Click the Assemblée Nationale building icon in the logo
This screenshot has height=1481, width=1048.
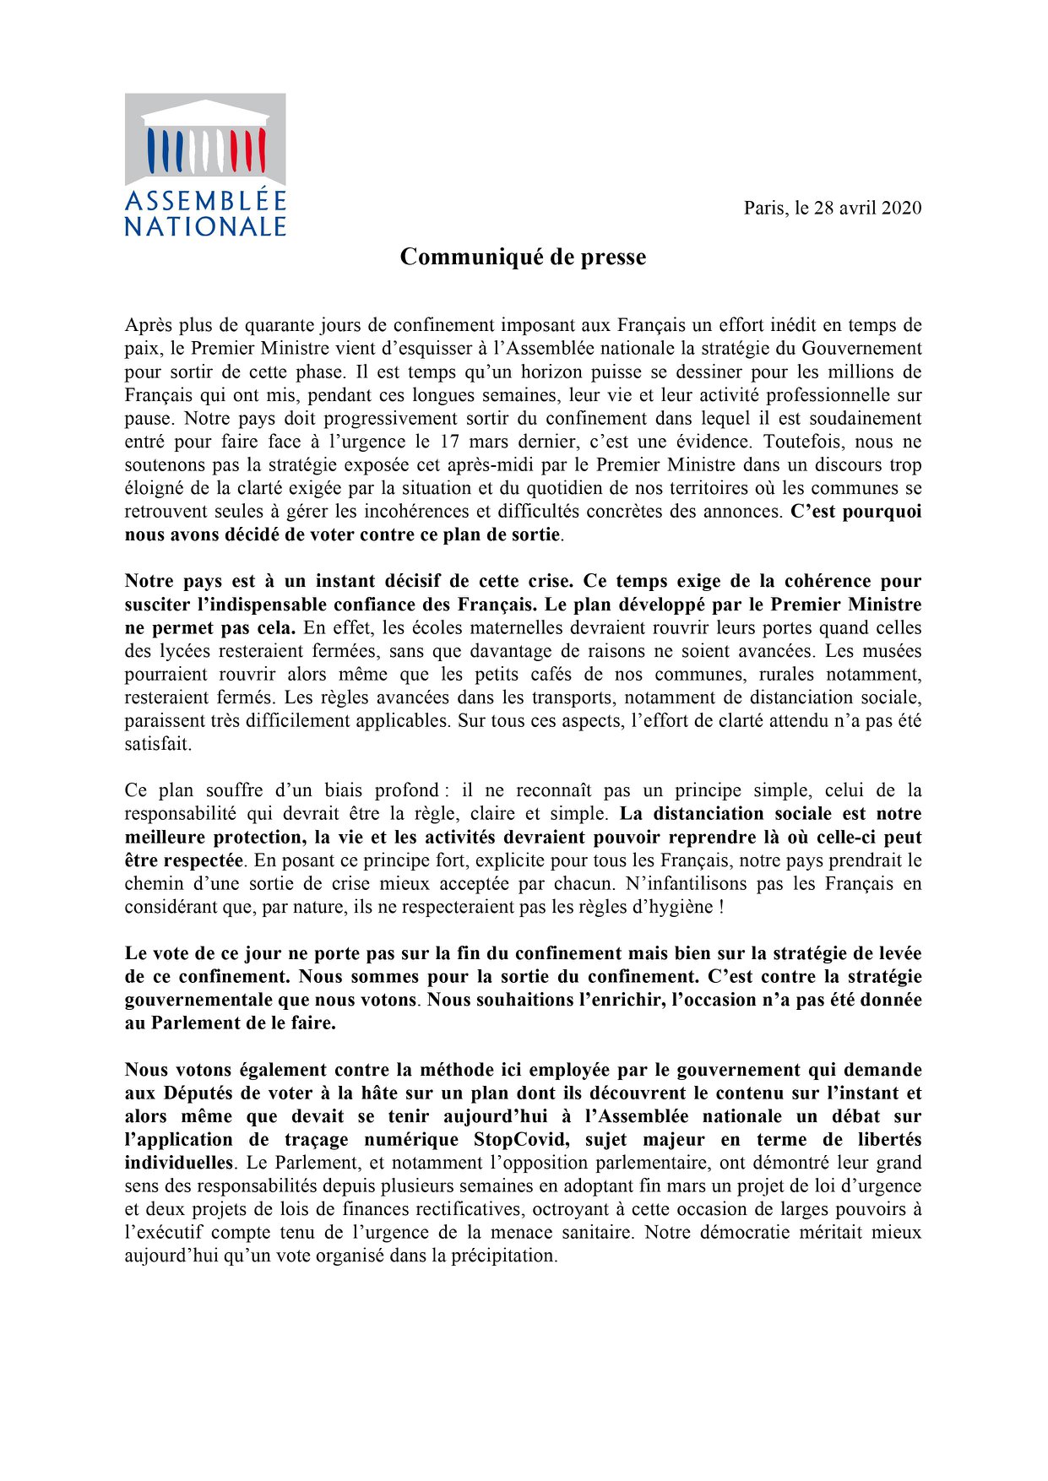[205, 139]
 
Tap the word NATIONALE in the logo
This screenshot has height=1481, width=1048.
[205, 227]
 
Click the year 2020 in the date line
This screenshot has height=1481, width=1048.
[901, 208]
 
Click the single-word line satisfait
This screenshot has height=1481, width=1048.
[158, 744]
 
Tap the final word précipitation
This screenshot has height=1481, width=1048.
[505, 1256]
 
